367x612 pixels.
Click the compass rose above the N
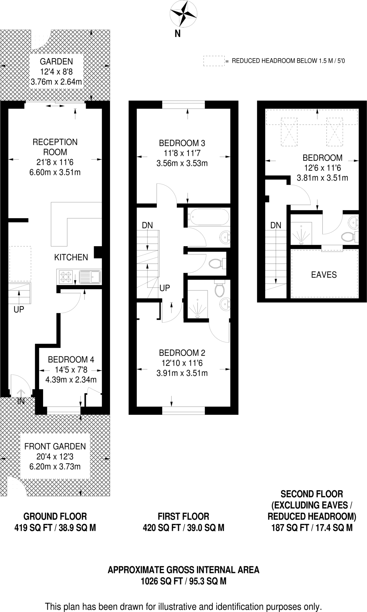[183, 14]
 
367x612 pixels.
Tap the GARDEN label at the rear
[56, 62]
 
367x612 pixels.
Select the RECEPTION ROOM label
[55, 147]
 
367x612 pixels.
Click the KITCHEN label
[71, 257]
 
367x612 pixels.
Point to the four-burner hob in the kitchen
[66, 277]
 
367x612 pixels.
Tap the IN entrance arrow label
[21, 401]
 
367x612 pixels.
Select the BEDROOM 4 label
[71, 359]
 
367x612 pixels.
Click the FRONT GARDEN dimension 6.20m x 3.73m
[55, 466]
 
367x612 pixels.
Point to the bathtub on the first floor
[208, 217]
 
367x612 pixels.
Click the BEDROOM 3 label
[182, 143]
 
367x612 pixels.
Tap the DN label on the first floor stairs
[147, 225]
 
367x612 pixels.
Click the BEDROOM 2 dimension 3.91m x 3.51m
[182, 373]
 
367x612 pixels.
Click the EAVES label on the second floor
[324, 275]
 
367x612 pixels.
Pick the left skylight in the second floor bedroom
[289, 132]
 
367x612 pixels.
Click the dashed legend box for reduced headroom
[214, 61]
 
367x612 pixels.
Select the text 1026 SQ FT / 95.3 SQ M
[183, 581]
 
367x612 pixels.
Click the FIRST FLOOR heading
[183, 516]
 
